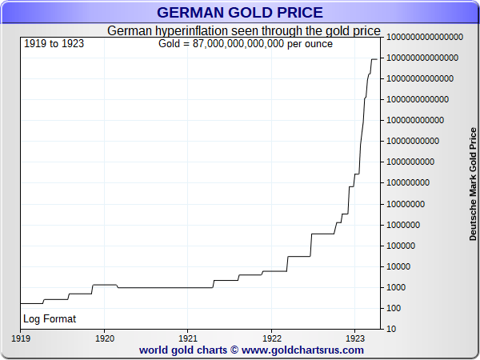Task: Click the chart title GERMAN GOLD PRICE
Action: [x=240, y=13]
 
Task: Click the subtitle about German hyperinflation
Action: [x=243, y=30]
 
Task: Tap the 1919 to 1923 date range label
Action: [x=54, y=44]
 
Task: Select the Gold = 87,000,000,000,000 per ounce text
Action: [x=246, y=44]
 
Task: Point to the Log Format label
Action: [x=50, y=319]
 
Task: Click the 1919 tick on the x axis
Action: [x=21, y=338]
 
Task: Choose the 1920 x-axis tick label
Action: [x=105, y=338]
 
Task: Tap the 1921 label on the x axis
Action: [x=188, y=338]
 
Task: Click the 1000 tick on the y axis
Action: [x=396, y=287]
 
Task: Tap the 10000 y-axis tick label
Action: [x=398, y=266]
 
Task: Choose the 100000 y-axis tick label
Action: [x=401, y=246]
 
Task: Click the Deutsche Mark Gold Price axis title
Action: [x=473, y=184]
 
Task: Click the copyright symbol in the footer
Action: [x=234, y=350]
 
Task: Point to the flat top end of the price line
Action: [x=374, y=59]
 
